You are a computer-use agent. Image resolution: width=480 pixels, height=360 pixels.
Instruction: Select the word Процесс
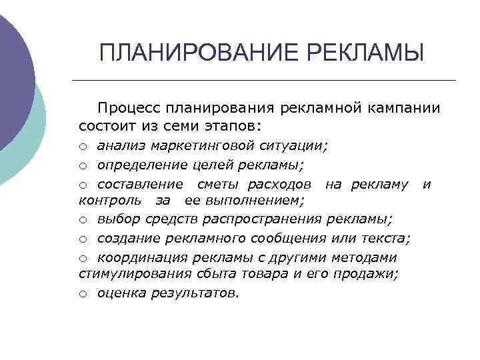[x=129, y=108]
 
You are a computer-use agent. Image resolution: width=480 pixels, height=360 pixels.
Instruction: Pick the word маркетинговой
[x=209, y=145]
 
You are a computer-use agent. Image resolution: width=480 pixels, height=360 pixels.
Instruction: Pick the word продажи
[x=371, y=273]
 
